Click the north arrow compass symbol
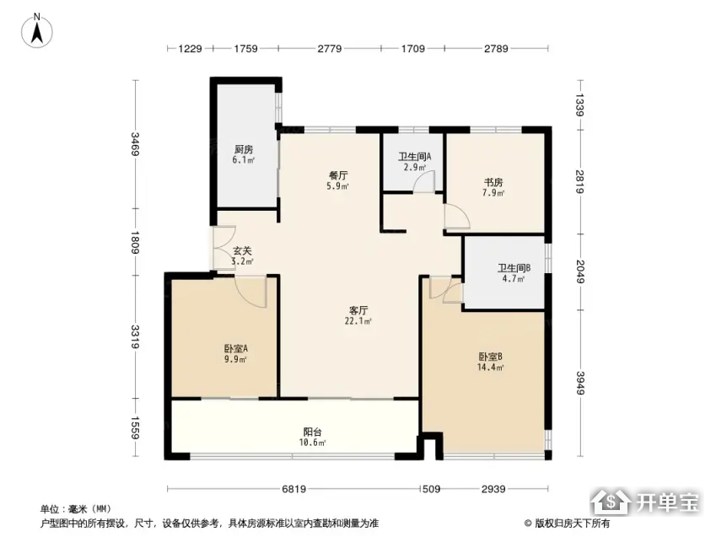pyautogui.click(x=37, y=30)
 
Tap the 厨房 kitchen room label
pyautogui.click(x=244, y=149)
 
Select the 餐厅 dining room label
pyautogui.click(x=338, y=175)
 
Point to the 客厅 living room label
pyautogui.click(x=358, y=310)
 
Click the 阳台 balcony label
pyautogui.click(x=313, y=432)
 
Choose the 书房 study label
pyautogui.click(x=493, y=182)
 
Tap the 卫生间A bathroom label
pyautogui.click(x=415, y=157)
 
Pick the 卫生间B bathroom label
pyautogui.click(x=514, y=268)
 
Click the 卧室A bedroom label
pyautogui.click(x=236, y=349)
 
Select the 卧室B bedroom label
pyautogui.click(x=491, y=357)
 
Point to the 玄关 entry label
pyautogui.click(x=243, y=250)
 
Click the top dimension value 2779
pyautogui.click(x=330, y=48)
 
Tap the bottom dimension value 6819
pyautogui.click(x=293, y=489)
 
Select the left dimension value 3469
pyautogui.click(x=135, y=144)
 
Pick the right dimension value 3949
pyautogui.click(x=580, y=383)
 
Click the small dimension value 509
pyautogui.click(x=432, y=489)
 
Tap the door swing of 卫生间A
pyautogui.click(x=425, y=181)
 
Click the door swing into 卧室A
pyautogui.click(x=250, y=292)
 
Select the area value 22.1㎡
pyautogui.click(x=358, y=321)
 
